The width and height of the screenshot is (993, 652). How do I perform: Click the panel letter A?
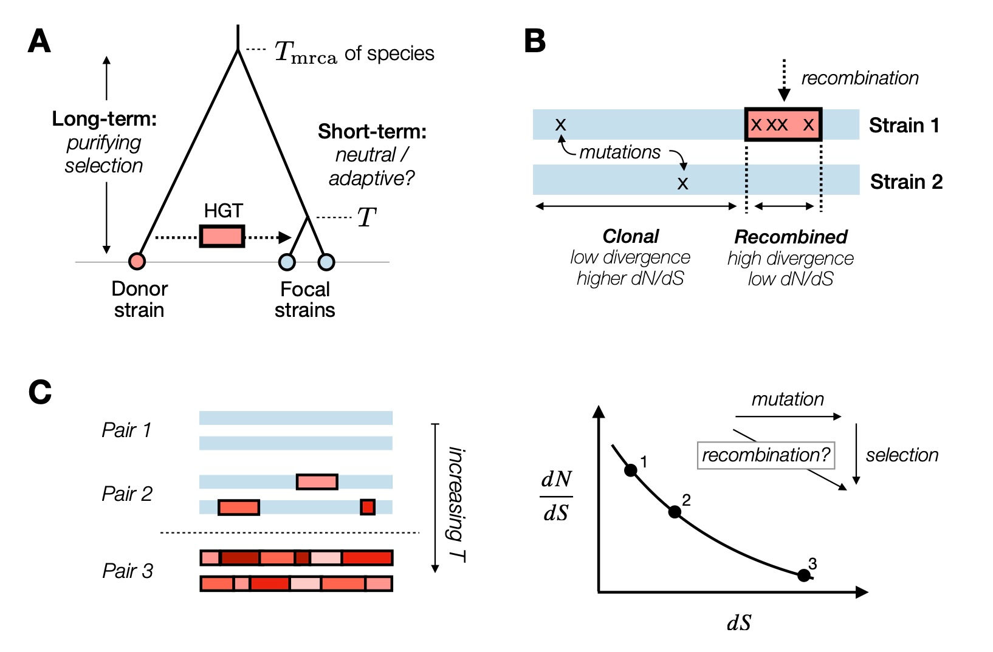(x=40, y=42)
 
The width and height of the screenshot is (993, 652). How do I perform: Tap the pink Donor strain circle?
(x=137, y=261)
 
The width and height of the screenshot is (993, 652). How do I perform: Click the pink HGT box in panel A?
(x=222, y=236)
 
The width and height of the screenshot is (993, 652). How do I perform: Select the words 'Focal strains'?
(x=304, y=299)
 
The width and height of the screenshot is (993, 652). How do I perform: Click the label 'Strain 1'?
(x=904, y=126)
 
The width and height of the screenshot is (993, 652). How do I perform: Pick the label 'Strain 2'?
(x=906, y=182)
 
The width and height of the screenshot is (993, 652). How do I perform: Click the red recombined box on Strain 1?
(x=783, y=125)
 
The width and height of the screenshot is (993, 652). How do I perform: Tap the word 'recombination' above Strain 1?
(x=859, y=78)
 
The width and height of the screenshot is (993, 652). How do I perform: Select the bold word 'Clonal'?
(x=631, y=236)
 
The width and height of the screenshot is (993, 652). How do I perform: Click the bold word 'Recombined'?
(x=791, y=237)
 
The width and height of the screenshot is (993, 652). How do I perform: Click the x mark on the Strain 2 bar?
(x=682, y=183)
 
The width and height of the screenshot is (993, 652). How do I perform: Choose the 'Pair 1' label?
(x=126, y=430)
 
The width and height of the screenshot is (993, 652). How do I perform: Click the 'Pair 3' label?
(x=128, y=571)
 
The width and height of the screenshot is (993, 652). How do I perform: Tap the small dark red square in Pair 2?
(x=368, y=507)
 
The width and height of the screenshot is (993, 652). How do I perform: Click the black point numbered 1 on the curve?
(x=631, y=470)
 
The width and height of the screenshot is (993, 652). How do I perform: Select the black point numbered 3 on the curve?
(x=803, y=575)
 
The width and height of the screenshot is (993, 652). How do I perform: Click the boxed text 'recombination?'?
(x=766, y=455)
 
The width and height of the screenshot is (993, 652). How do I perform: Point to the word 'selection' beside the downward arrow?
(x=902, y=455)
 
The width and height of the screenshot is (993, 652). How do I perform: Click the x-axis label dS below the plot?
(x=739, y=623)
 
